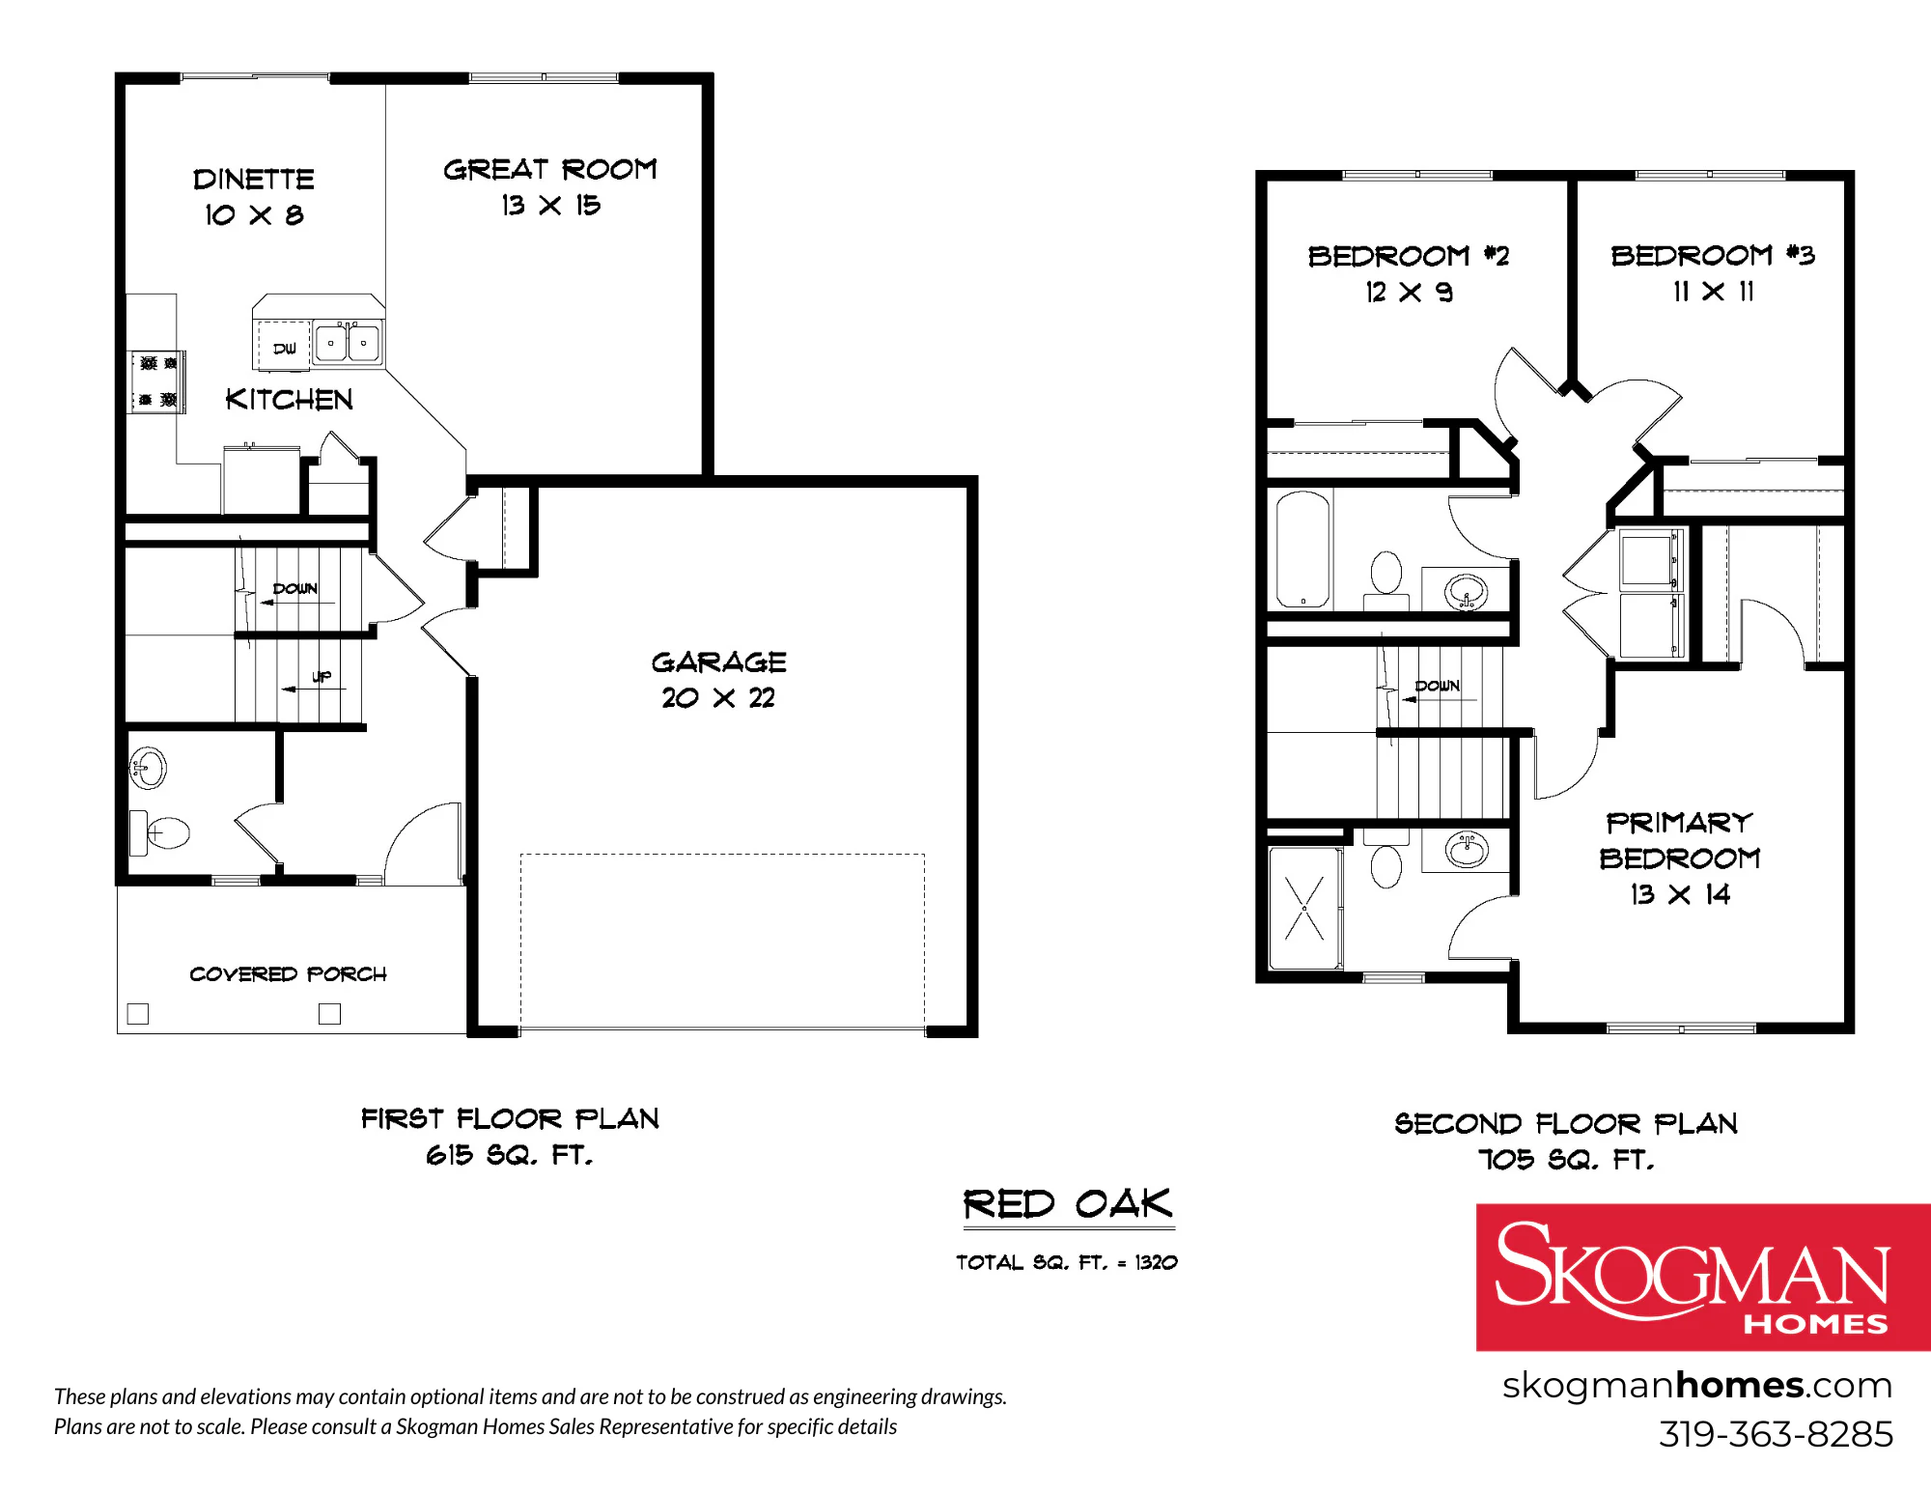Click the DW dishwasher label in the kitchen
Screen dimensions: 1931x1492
pos(285,349)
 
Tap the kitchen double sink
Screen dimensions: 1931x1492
pos(348,343)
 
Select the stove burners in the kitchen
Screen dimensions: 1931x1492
pos(157,381)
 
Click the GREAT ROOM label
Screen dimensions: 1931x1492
pos(550,170)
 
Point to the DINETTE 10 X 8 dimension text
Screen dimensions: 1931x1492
pos(254,214)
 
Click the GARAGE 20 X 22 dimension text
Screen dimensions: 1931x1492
pos(718,697)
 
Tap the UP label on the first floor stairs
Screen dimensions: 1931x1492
pos(322,676)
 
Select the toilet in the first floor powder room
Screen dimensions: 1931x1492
pos(159,832)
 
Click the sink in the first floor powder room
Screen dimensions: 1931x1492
pos(148,769)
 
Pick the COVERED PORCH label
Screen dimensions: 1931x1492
pos(288,973)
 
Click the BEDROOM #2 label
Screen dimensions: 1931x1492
pos(1408,256)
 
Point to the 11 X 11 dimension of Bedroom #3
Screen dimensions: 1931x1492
pos(1713,291)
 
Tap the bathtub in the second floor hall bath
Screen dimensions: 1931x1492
pos(1302,549)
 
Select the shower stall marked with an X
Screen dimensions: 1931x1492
pos(1304,908)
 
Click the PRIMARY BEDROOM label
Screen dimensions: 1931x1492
pos(1679,840)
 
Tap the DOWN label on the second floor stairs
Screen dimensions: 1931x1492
pos(1437,686)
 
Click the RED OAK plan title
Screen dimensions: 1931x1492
pos(1068,1204)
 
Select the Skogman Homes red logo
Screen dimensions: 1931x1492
pos(1703,1277)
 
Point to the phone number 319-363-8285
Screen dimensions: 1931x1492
pos(1776,1434)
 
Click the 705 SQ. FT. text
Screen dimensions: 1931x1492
pos(1566,1159)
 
